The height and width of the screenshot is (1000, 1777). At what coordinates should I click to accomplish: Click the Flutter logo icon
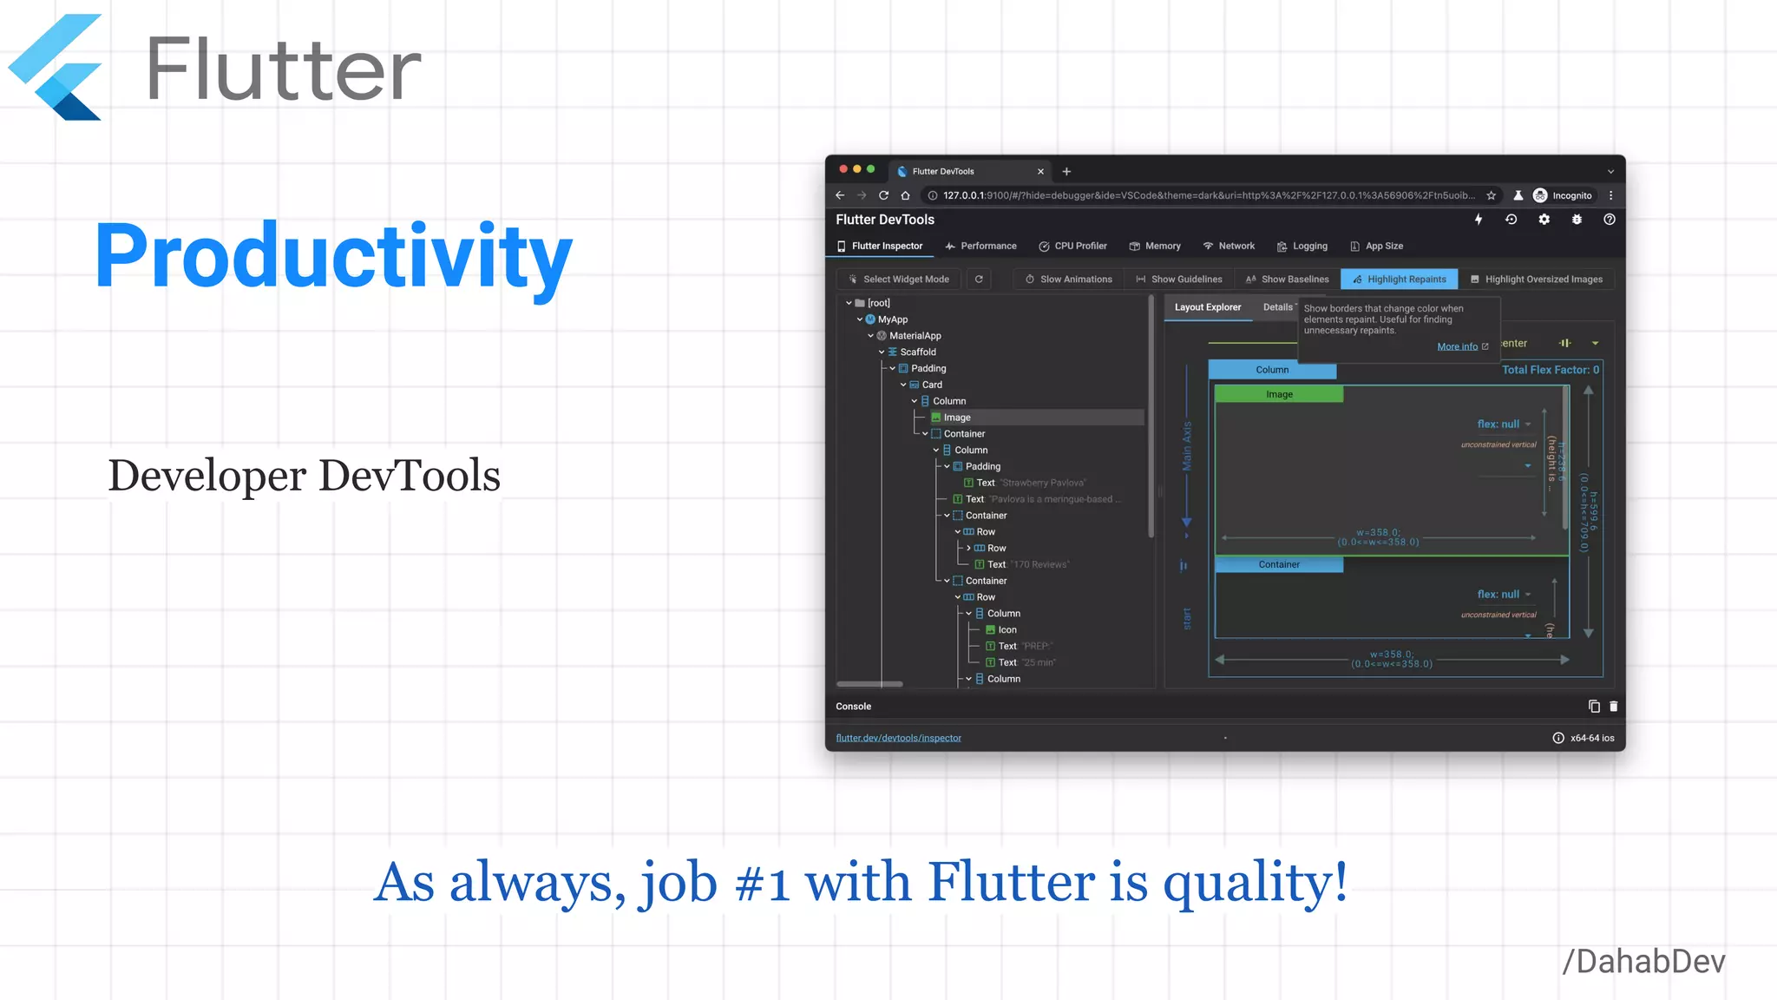tap(56, 68)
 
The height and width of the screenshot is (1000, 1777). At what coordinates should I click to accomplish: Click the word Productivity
tap(333, 256)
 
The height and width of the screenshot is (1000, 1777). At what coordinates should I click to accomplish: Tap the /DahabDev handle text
tap(1643, 962)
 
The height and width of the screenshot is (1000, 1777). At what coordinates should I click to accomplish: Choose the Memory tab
tap(1155, 247)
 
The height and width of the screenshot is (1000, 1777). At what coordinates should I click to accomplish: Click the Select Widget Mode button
tap(898, 280)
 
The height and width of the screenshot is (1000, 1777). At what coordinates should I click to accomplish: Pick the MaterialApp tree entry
tap(915, 336)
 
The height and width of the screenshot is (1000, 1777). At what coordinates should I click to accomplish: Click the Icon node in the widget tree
tap(1007, 630)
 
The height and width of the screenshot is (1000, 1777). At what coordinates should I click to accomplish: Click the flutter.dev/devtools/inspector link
tap(898, 739)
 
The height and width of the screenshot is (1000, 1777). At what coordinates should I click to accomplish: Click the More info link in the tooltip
tap(1458, 347)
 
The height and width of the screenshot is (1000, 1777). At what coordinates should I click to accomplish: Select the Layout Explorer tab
tap(1207, 307)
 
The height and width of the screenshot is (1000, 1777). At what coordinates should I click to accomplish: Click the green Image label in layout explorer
tap(1279, 395)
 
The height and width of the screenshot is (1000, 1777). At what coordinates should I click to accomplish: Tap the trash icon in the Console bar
tap(1614, 707)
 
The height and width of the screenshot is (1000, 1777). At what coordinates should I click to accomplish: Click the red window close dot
tap(843, 169)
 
